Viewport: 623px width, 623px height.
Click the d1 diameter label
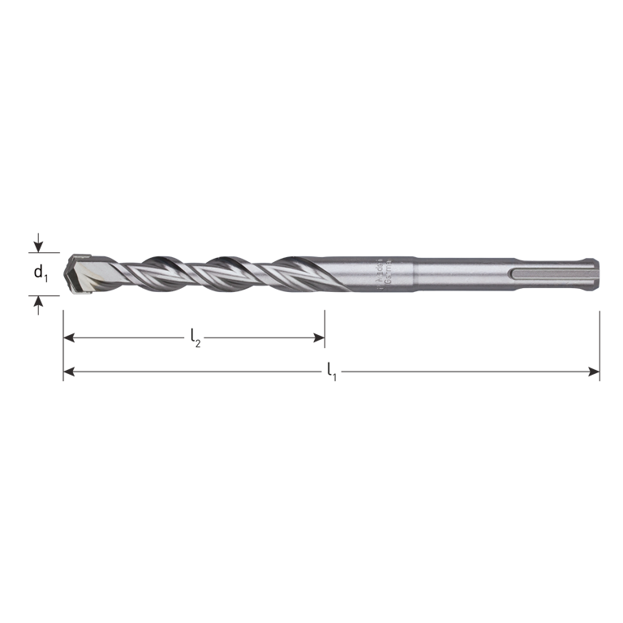(x=41, y=273)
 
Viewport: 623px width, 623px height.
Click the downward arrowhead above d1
(x=37, y=246)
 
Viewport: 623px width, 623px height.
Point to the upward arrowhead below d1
(x=37, y=301)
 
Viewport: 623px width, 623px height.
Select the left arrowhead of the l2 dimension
(x=69, y=335)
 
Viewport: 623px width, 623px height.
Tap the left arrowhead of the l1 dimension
(x=69, y=372)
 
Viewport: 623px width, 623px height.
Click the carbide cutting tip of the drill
(x=81, y=272)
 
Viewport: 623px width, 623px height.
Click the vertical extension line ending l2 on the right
(x=324, y=324)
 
